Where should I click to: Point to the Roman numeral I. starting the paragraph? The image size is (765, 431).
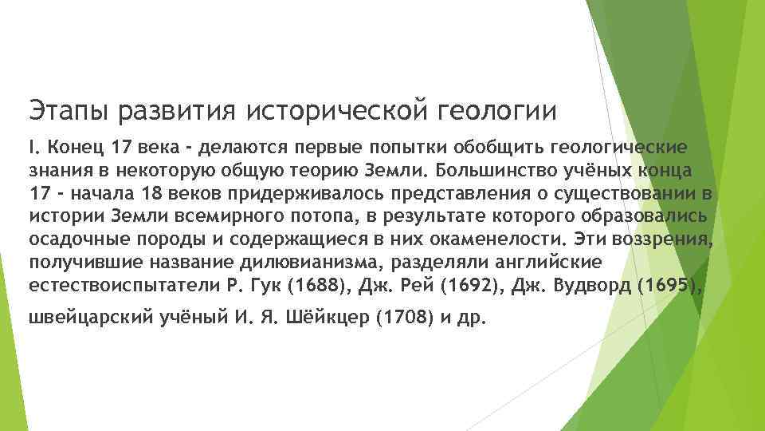pyautogui.click(x=33, y=148)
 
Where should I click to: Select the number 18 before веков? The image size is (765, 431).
pyautogui.click(x=151, y=194)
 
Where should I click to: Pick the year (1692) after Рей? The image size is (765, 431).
pyautogui.click(x=456, y=286)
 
